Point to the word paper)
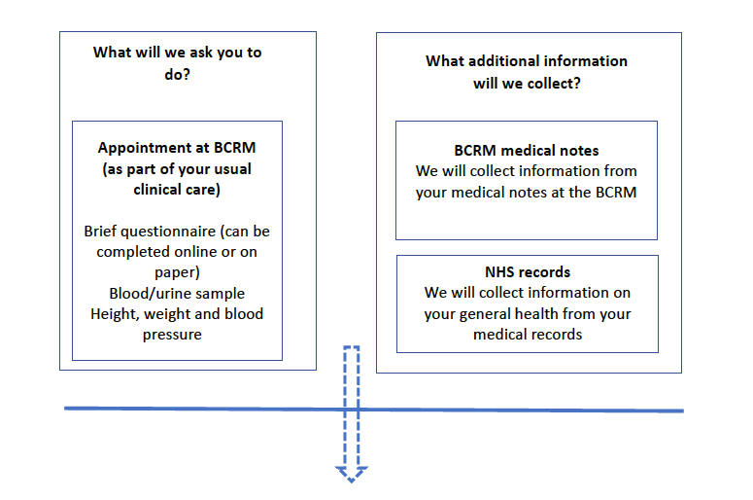pyautogui.click(x=177, y=272)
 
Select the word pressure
pyautogui.click(x=172, y=335)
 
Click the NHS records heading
pyautogui.click(x=528, y=272)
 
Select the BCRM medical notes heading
pyautogui.click(x=527, y=151)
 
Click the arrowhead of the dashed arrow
pyautogui.click(x=352, y=474)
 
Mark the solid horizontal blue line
pyautogui.click(x=374, y=410)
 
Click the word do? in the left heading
pyautogui.click(x=177, y=75)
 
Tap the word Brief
pyautogui.click(x=100, y=232)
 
